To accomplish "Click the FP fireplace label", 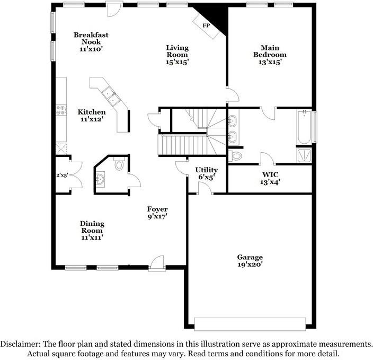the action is (x=206, y=25).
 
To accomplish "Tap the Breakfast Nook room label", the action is (x=91, y=38).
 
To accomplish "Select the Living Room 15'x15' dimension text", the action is (x=177, y=62).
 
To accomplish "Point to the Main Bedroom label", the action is (x=270, y=51).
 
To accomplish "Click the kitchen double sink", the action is (x=111, y=96).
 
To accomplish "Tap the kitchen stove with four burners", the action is (x=61, y=110).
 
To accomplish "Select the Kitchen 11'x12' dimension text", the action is (x=91, y=119).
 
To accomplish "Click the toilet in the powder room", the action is (x=119, y=163).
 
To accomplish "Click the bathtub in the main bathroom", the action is (x=304, y=127).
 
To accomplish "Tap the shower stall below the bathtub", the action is (x=304, y=155).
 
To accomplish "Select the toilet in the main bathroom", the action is (x=235, y=156).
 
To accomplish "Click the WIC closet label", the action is (x=270, y=174).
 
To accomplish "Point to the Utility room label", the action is (x=207, y=170).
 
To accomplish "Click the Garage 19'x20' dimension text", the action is (x=250, y=264).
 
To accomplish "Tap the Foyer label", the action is (x=157, y=209).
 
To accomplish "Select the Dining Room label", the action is (x=92, y=227).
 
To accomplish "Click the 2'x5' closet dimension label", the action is (x=62, y=175).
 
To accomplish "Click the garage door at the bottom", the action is (x=250, y=324).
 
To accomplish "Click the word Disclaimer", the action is (x=20, y=344).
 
